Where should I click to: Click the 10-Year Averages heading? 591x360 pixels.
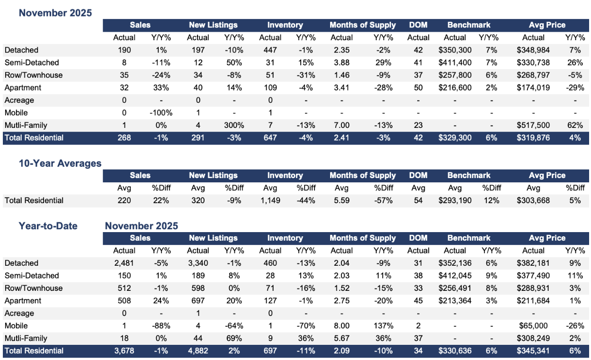coord(60,163)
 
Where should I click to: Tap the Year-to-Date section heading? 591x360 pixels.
coord(48,226)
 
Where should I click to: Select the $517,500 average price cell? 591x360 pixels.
coord(533,125)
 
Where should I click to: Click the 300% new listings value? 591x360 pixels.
coord(233,125)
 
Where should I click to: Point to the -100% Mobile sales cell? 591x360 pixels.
coord(161,113)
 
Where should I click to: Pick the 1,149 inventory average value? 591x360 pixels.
coord(270,200)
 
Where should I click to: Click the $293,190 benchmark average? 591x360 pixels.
coord(455,200)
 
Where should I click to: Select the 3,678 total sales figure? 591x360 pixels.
coord(124,351)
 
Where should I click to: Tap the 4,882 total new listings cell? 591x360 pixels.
coord(198,351)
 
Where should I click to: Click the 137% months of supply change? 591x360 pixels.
coord(383,326)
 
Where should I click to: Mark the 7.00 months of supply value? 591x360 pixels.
coord(341,125)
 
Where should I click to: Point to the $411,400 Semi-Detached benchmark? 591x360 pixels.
coord(455,63)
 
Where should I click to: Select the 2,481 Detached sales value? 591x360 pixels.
coord(124,263)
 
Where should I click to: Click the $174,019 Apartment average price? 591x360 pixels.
coord(533,88)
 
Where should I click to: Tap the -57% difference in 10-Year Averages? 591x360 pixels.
coord(383,200)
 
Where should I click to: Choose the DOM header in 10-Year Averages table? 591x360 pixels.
coord(418,175)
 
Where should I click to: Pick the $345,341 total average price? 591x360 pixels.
coord(533,351)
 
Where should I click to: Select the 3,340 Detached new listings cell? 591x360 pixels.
coord(198,263)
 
